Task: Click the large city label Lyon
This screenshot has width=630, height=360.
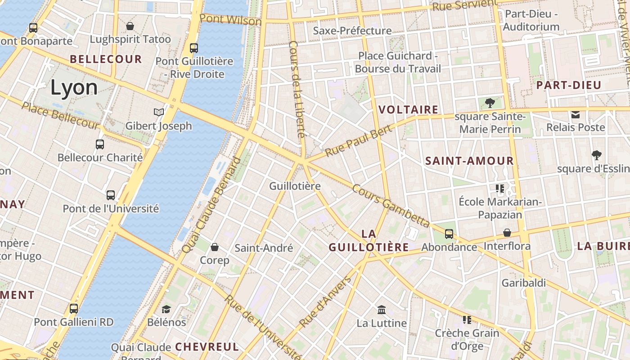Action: pyautogui.click(x=74, y=87)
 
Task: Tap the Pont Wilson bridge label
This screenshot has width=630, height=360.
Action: pyautogui.click(x=230, y=20)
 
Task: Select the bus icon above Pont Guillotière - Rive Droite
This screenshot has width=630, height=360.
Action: pyautogui.click(x=194, y=48)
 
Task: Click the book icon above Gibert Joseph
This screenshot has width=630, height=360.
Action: pyautogui.click(x=158, y=112)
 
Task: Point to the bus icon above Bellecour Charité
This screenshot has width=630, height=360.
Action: pyautogui.click(x=100, y=144)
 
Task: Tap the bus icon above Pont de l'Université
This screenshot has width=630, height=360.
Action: pyautogui.click(x=111, y=195)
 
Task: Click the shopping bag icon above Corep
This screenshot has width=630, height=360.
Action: pyautogui.click(x=215, y=247)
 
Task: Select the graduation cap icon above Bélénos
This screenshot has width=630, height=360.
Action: pyautogui.click(x=166, y=309)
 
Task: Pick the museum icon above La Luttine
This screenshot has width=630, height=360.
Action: pyautogui.click(x=382, y=310)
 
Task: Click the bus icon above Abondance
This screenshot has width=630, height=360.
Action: pyautogui.click(x=449, y=234)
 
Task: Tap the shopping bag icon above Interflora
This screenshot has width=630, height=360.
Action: pyautogui.click(x=507, y=233)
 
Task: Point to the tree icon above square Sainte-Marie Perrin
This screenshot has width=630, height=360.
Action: pyautogui.click(x=490, y=103)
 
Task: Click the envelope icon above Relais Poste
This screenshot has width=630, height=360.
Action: pyautogui.click(x=576, y=114)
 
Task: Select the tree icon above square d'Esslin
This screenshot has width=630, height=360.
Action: pyautogui.click(x=597, y=155)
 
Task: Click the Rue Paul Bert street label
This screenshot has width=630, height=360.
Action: pyautogui.click(x=358, y=140)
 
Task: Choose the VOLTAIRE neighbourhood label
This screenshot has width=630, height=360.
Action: pyautogui.click(x=408, y=109)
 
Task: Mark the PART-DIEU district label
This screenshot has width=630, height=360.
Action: pyautogui.click(x=569, y=85)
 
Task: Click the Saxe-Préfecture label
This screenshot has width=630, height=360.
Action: pyautogui.click(x=352, y=31)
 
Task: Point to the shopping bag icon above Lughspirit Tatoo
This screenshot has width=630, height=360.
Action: pyautogui.click(x=130, y=26)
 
